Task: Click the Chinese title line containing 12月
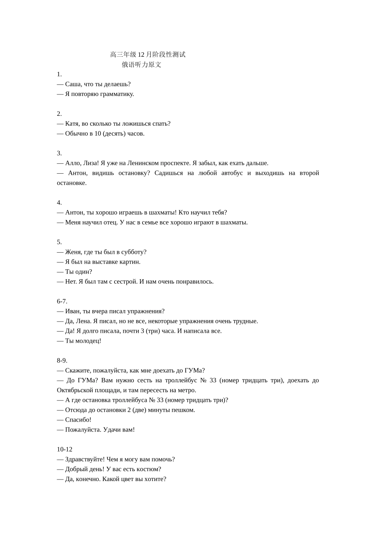coord(148,54)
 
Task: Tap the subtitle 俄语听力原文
coord(141,65)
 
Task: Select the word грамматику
coord(118,94)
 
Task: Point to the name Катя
coord(72,123)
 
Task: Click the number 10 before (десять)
coord(98,133)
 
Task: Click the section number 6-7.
coord(62,301)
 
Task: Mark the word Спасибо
coord(78,420)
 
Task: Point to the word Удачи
coord(112,429)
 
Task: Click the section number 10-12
coord(65,449)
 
